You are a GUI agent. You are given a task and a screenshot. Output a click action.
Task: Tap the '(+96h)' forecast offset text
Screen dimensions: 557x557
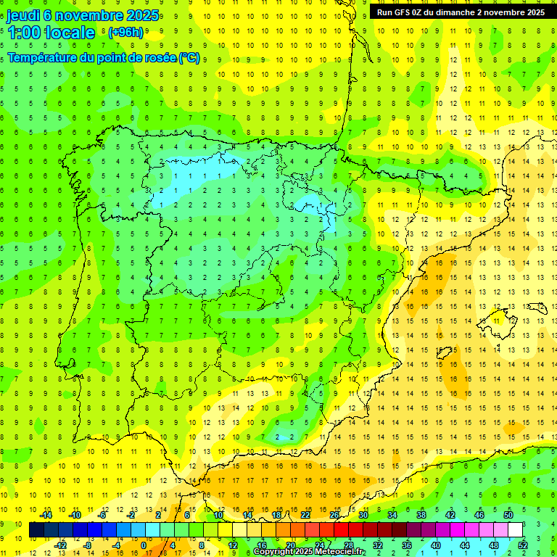pyautogui.click(x=125, y=33)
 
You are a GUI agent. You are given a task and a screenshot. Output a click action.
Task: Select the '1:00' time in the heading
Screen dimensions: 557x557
pyautogui.click(x=23, y=33)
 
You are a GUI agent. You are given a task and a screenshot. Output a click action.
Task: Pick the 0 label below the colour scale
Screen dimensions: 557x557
pyautogui.click(x=144, y=545)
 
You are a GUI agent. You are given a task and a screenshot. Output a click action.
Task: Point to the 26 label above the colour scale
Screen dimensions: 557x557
pyautogui.click(x=334, y=515)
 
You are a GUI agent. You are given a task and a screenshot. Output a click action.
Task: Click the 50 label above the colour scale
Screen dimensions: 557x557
pyautogui.click(x=508, y=515)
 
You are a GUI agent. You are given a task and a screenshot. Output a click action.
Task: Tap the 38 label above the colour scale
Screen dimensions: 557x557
pyautogui.click(x=421, y=515)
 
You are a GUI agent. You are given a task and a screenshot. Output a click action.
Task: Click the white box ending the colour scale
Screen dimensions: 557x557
pyautogui.click(x=516, y=530)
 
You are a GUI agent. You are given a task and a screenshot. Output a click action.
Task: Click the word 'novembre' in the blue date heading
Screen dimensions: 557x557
pyautogui.click(x=91, y=16)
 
